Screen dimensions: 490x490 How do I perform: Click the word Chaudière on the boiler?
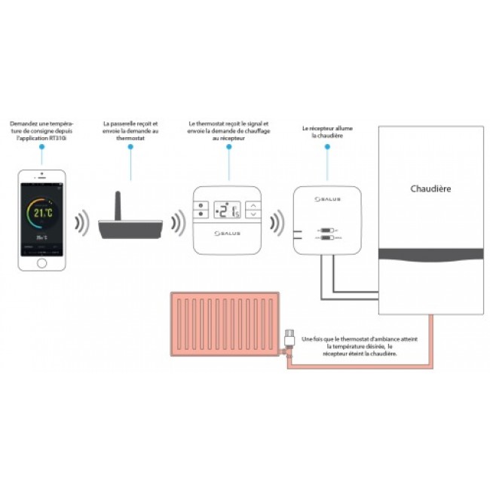(x=430, y=188)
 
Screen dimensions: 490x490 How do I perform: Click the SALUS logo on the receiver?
(x=326, y=199)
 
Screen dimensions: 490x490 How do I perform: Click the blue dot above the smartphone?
(x=42, y=146)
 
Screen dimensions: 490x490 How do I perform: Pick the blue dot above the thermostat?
(x=229, y=146)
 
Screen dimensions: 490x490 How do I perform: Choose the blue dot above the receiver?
(x=327, y=146)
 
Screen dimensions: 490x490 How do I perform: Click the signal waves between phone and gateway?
(x=81, y=224)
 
